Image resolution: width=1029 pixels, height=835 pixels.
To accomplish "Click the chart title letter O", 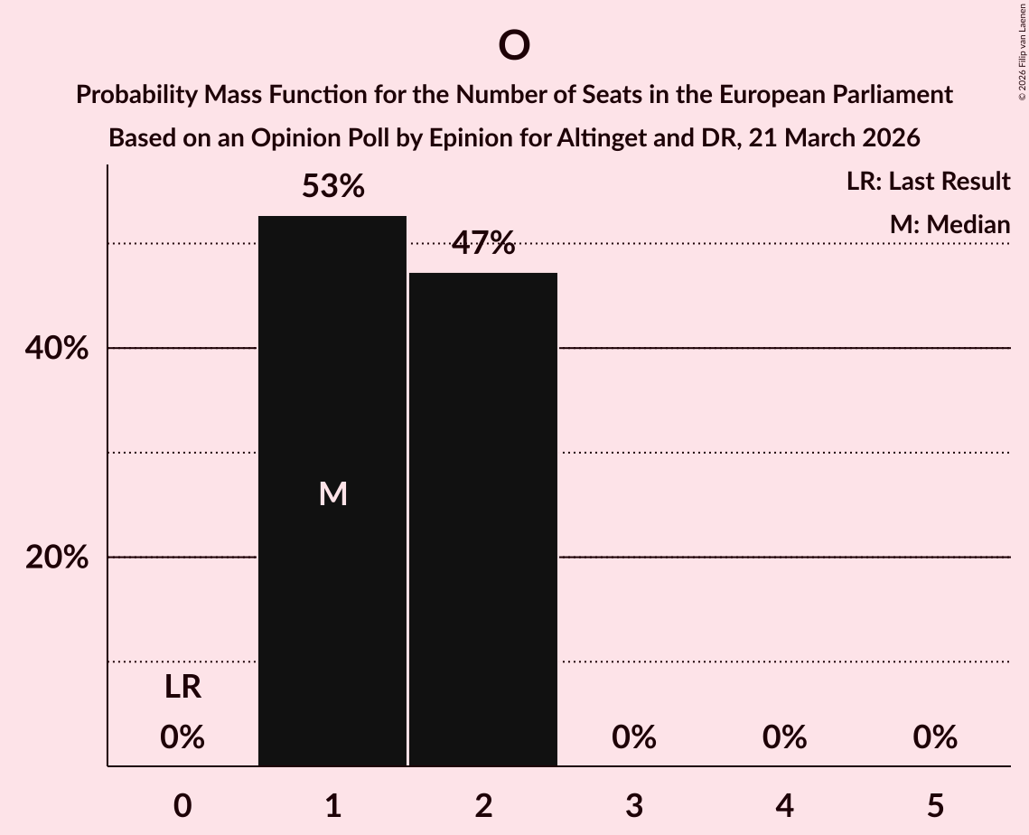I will [x=513, y=45].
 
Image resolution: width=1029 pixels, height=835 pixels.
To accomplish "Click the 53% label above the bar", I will [x=332, y=187].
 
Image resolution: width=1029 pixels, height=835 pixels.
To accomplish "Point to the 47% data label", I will [x=483, y=243].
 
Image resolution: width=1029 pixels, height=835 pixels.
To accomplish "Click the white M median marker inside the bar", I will [x=332, y=493].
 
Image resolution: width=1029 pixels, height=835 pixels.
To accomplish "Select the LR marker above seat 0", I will [x=182, y=688].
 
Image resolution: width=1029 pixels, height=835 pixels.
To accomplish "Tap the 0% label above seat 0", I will [x=182, y=737].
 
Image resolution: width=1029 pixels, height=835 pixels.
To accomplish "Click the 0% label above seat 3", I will [x=633, y=737].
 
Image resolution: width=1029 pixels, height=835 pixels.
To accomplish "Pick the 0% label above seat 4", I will [x=784, y=737].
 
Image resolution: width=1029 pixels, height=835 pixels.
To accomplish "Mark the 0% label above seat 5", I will [x=934, y=737].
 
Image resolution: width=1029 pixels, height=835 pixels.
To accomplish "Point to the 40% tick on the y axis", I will [x=57, y=349].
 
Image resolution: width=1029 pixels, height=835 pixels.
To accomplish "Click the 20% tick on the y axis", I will [x=57, y=558].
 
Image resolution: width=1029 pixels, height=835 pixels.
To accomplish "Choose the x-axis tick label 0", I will [x=182, y=805].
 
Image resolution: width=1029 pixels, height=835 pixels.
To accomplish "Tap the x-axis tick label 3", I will [x=633, y=805].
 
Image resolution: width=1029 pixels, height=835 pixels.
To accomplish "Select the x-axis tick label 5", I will [x=934, y=805].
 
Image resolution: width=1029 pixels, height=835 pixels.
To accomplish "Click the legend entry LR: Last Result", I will [x=928, y=182].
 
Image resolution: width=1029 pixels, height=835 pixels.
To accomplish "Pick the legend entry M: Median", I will [x=949, y=224].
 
